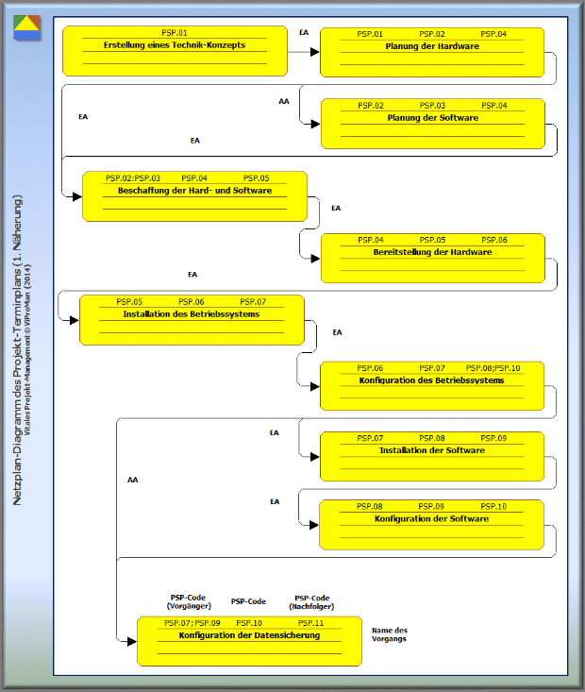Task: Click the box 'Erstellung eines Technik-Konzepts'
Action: pyautogui.click(x=175, y=51)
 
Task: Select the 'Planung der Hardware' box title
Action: pyautogui.click(x=432, y=46)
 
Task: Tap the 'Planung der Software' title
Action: pyautogui.click(x=433, y=118)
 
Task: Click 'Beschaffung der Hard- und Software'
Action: pyautogui.click(x=194, y=191)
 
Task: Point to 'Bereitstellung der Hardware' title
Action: pyautogui.click(x=432, y=252)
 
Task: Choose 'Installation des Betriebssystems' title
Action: pyautogui.click(x=191, y=314)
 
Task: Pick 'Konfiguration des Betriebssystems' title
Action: pyautogui.click(x=431, y=380)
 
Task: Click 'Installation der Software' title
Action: pyautogui.click(x=432, y=450)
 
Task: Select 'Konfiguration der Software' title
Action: pyautogui.click(x=431, y=519)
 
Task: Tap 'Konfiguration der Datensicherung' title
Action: pyautogui.click(x=249, y=635)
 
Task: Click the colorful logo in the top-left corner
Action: pyautogui.click(x=27, y=27)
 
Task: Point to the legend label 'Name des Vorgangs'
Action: pyautogui.click(x=389, y=634)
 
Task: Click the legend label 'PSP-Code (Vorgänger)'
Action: pyautogui.click(x=189, y=601)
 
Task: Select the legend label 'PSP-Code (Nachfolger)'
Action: pyautogui.click(x=311, y=602)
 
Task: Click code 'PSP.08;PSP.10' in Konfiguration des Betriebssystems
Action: pyautogui.click(x=493, y=368)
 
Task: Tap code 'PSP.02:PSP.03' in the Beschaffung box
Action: pyautogui.click(x=133, y=178)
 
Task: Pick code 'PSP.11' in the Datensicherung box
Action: pyautogui.click(x=310, y=623)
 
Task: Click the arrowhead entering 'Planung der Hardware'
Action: pyautogui.click(x=314, y=52)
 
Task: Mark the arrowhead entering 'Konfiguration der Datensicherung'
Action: pyautogui.click(x=131, y=642)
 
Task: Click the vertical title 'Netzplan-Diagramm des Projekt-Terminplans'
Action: pyautogui.click(x=17, y=350)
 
